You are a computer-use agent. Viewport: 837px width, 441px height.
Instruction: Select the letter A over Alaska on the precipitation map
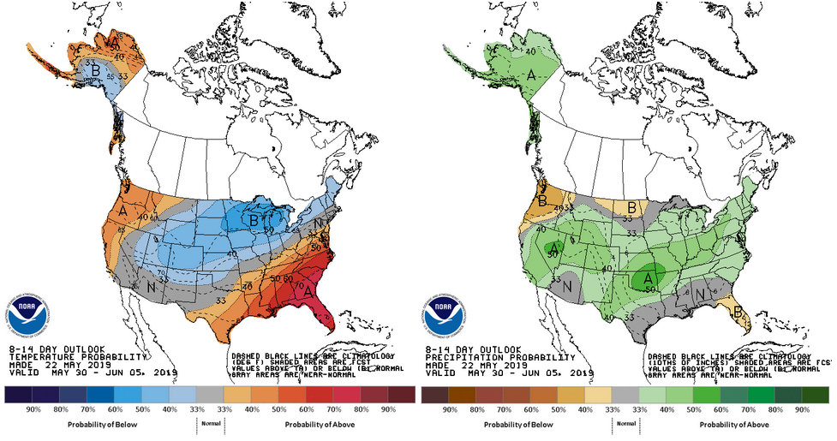click(507, 75)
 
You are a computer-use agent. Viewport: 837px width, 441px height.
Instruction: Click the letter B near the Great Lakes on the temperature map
click(254, 221)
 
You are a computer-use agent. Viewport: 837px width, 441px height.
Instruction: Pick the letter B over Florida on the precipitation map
click(738, 313)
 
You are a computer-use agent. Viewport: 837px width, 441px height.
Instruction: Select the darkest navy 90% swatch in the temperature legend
click(18, 395)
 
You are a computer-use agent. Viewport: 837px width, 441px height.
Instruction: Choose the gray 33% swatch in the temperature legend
click(210, 395)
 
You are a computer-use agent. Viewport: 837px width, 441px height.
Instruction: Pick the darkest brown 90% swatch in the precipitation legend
click(435, 395)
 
